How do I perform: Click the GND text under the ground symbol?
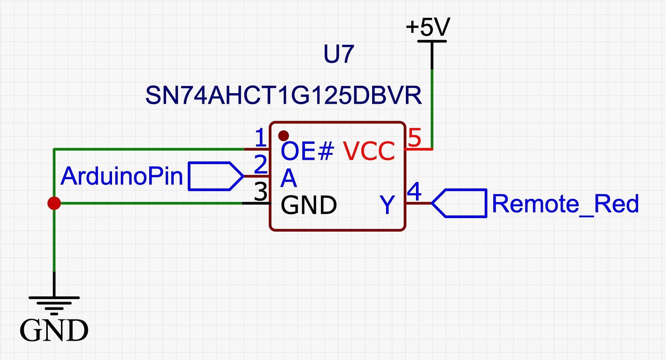[54, 331]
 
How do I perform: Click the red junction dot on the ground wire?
[54, 204]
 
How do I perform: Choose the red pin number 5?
[415, 139]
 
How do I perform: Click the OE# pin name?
[307, 152]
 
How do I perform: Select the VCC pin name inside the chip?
[369, 152]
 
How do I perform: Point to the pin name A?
[289, 179]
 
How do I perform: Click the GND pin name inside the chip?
[308, 206]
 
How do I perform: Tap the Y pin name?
[388, 206]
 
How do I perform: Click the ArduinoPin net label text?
[122, 177]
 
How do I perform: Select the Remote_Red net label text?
[565, 204]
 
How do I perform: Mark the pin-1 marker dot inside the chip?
[284, 135]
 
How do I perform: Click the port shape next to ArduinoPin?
[215, 176]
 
